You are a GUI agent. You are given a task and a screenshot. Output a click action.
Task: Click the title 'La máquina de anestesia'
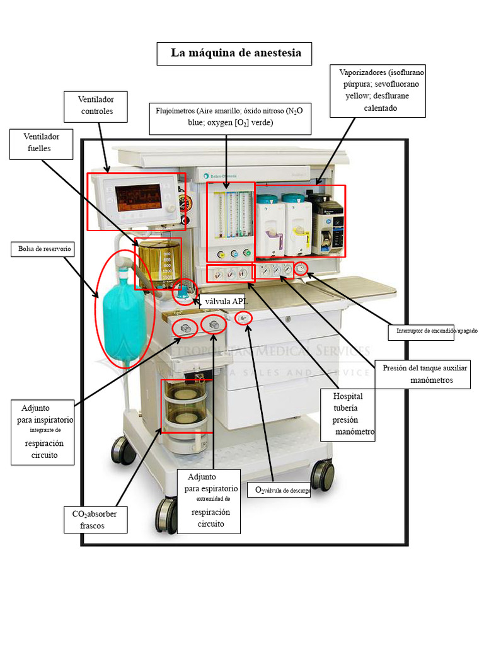[x=236, y=53]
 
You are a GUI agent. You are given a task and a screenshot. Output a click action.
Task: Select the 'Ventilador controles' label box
[x=96, y=106]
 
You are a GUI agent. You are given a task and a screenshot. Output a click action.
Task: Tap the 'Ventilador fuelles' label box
[x=41, y=144]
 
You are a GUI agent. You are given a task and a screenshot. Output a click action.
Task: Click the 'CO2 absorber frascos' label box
[x=96, y=520]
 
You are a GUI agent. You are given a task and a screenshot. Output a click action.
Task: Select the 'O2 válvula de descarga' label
[x=279, y=489]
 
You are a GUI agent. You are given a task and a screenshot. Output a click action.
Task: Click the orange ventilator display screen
[x=138, y=197]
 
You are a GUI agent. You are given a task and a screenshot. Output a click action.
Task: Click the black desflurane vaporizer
[x=328, y=224]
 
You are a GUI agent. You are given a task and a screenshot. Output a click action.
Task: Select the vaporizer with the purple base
[x=269, y=226]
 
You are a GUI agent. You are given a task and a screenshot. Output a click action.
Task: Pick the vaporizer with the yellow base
[x=297, y=226]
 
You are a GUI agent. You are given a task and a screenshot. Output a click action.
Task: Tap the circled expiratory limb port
[x=213, y=325]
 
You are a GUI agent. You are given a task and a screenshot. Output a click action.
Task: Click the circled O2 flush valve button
[x=243, y=317]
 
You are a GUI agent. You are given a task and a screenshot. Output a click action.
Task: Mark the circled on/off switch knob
[x=301, y=268]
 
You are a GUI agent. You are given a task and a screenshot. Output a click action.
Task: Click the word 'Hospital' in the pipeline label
[x=348, y=396]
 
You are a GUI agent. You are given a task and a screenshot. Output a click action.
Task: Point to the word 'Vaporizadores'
[x=362, y=72]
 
